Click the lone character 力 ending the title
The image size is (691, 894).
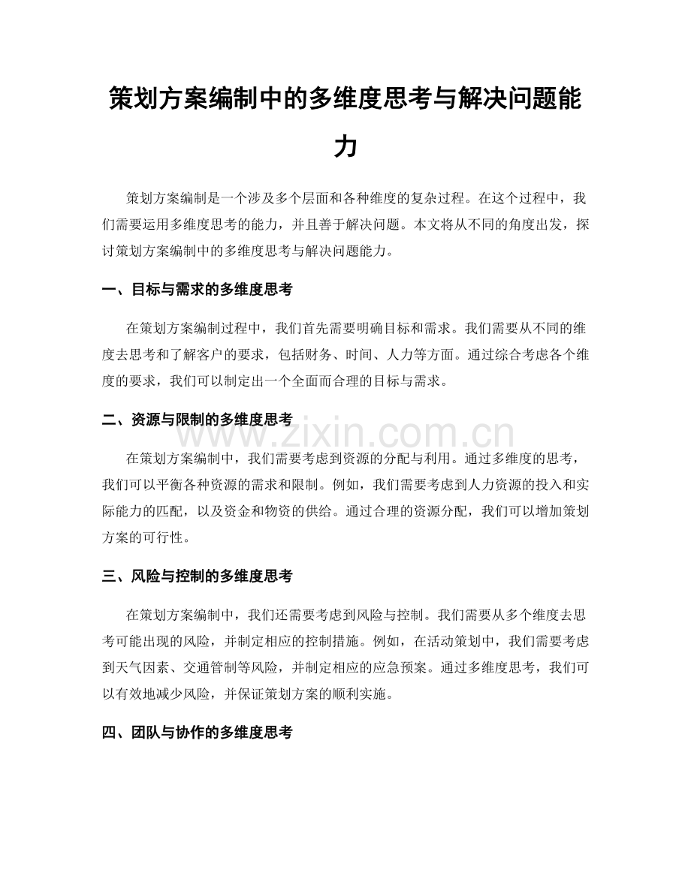tap(345, 146)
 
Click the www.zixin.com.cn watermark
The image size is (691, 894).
tap(345, 434)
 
